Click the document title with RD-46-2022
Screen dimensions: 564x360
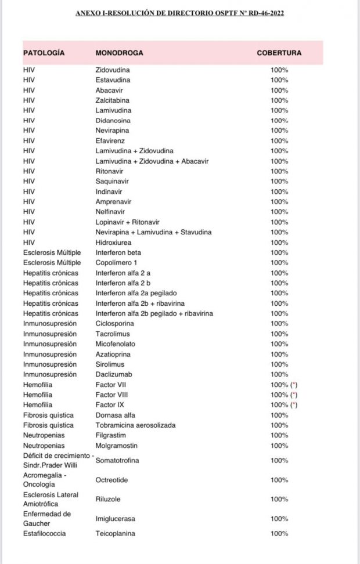[180, 13]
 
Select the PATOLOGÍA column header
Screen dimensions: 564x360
[44, 53]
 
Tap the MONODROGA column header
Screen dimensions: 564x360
[119, 53]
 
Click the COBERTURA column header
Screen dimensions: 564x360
[279, 53]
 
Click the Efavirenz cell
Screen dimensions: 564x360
[110, 141]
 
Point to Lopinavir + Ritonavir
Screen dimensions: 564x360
[127, 222]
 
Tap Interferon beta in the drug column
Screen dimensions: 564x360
[118, 252]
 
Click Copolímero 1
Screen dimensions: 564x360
[116, 263]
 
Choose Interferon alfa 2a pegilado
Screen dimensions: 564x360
[136, 293]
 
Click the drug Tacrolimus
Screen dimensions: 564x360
[113, 334]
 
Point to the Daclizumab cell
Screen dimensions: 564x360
[113, 374]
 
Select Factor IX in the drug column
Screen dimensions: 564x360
[110, 404]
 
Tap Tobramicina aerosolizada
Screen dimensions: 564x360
[135, 425]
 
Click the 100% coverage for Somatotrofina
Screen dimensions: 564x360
[279, 460]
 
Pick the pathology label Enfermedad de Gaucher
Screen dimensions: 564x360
[46, 518]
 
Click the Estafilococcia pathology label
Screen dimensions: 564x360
[44, 533]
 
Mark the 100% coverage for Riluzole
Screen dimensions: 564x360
[279, 499]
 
